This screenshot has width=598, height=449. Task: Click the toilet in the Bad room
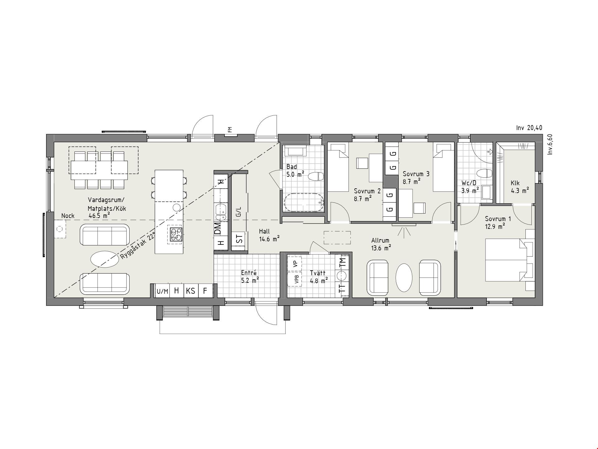(x=316, y=176)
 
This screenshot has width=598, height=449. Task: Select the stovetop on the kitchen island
(x=175, y=234)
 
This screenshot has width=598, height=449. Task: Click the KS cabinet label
(x=191, y=291)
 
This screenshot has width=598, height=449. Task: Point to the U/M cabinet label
(x=162, y=292)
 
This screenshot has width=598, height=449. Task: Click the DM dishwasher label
(x=218, y=228)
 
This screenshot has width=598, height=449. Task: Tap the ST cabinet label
(x=239, y=239)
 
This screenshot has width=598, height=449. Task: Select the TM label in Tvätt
(x=342, y=262)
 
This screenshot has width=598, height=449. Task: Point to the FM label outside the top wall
(x=230, y=129)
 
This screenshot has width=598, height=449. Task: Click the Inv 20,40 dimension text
(x=529, y=128)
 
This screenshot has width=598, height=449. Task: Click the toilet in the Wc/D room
(x=485, y=173)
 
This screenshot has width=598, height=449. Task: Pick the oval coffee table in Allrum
(x=404, y=278)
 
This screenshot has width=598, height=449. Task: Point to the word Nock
(x=68, y=216)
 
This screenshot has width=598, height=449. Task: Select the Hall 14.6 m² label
(x=269, y=235)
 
